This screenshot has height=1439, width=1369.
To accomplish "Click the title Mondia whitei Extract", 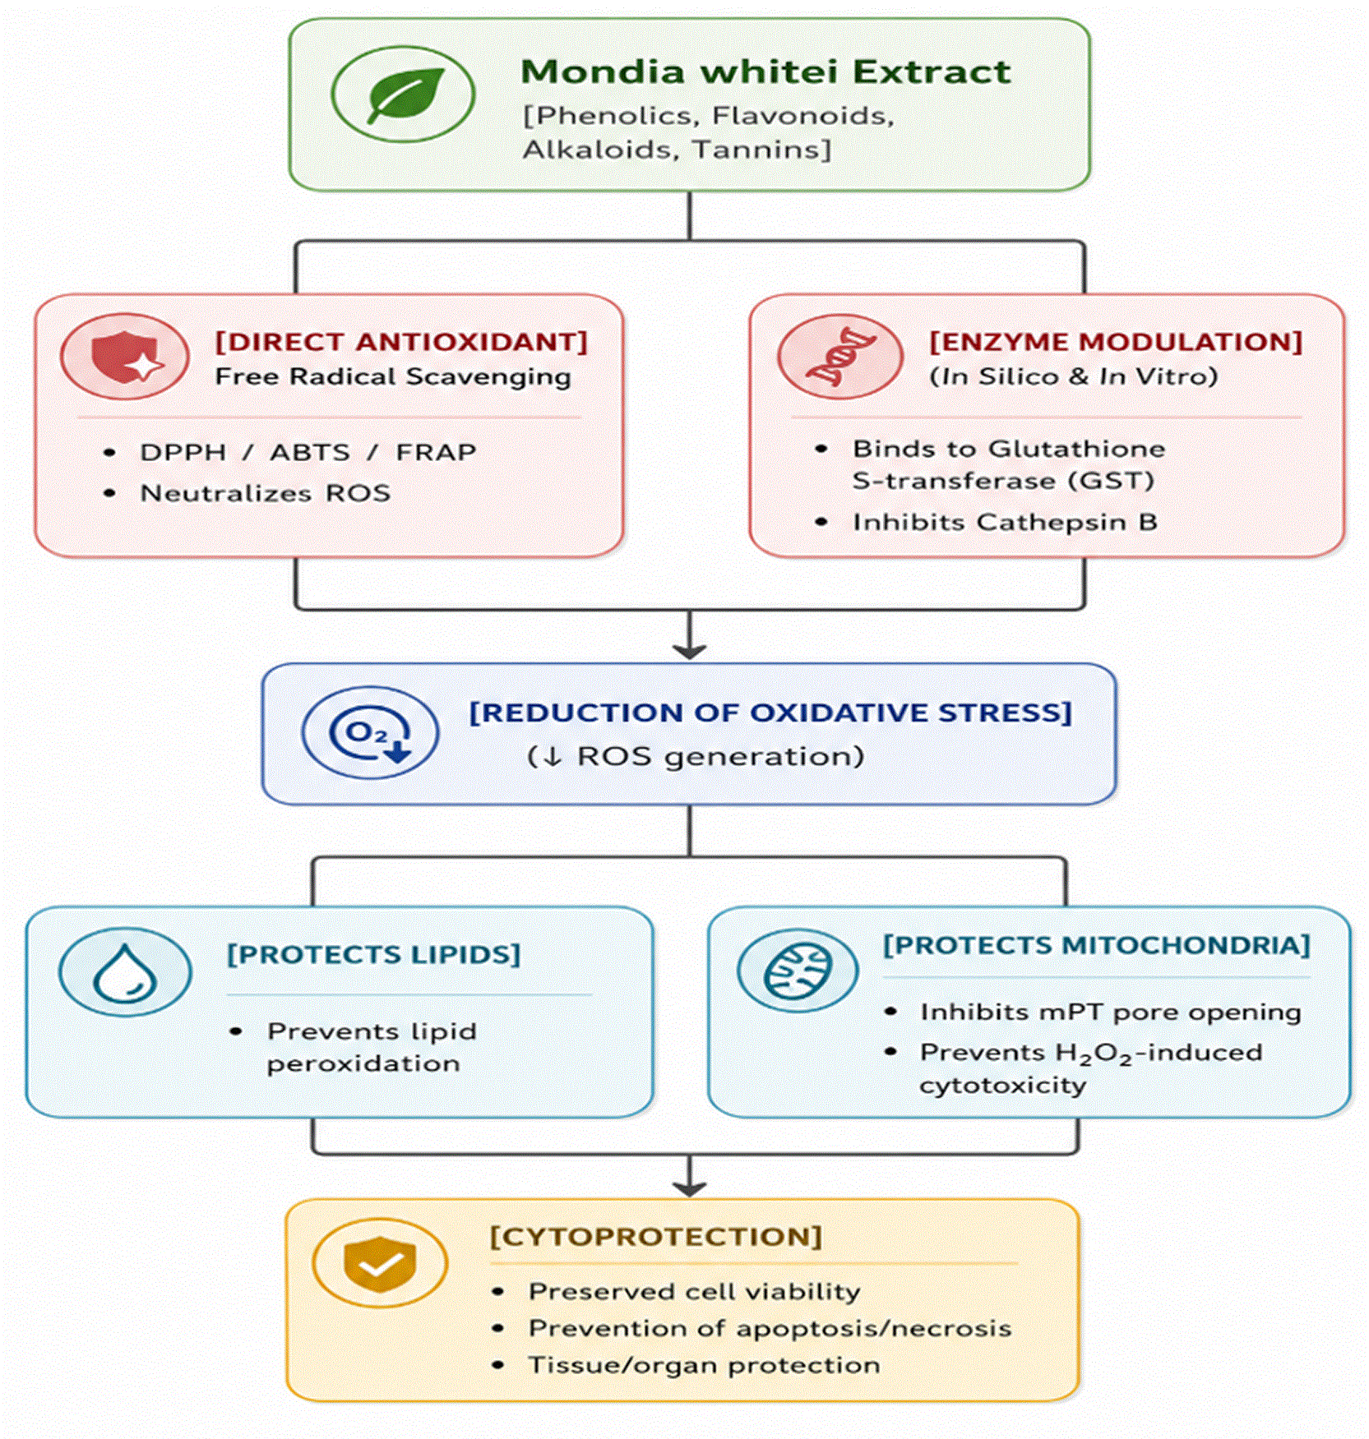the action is [x=765, y=71].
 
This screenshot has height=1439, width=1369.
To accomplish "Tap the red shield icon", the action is [x=125, y=357].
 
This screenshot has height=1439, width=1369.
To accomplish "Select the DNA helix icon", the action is [x=840, y=357].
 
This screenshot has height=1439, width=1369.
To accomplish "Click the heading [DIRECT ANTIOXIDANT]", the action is [x=401, y=342].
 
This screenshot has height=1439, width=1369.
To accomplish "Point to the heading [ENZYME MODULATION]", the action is [x=1116, y=342].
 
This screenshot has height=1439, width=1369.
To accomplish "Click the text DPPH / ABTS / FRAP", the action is [x=308, y=452].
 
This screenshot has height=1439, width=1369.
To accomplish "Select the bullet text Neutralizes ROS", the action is [x=265, y=493].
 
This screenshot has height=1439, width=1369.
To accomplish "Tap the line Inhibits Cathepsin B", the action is [x=1005, y=522].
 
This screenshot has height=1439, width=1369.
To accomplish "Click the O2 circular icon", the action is [x=370, y=732].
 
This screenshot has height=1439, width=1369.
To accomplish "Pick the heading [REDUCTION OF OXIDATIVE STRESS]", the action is [x=770, y=713].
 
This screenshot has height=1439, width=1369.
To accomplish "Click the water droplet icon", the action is [x=125, y=972].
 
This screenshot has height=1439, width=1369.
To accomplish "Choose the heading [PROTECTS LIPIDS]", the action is [x=373, y=954].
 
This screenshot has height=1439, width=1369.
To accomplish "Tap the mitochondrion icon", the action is [x=798, y=971].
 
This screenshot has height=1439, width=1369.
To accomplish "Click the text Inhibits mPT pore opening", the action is [x=1110, y=1012].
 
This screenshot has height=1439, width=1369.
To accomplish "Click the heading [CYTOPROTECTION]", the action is [x=655, y=1237].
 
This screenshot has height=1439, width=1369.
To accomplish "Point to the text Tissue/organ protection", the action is [x=704, y=1365].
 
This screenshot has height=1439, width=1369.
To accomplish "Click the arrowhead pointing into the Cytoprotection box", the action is [x=689, y=1188].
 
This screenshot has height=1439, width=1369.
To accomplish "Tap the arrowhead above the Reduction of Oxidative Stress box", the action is [x=689, y=651].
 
